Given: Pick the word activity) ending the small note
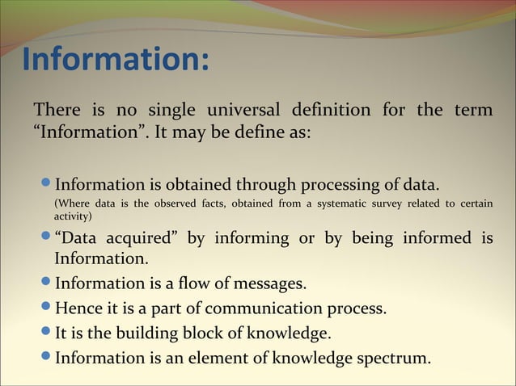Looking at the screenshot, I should click(74, 216).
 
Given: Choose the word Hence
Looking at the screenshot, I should click(78, 308).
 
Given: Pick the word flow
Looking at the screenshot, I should click(185, 284).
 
